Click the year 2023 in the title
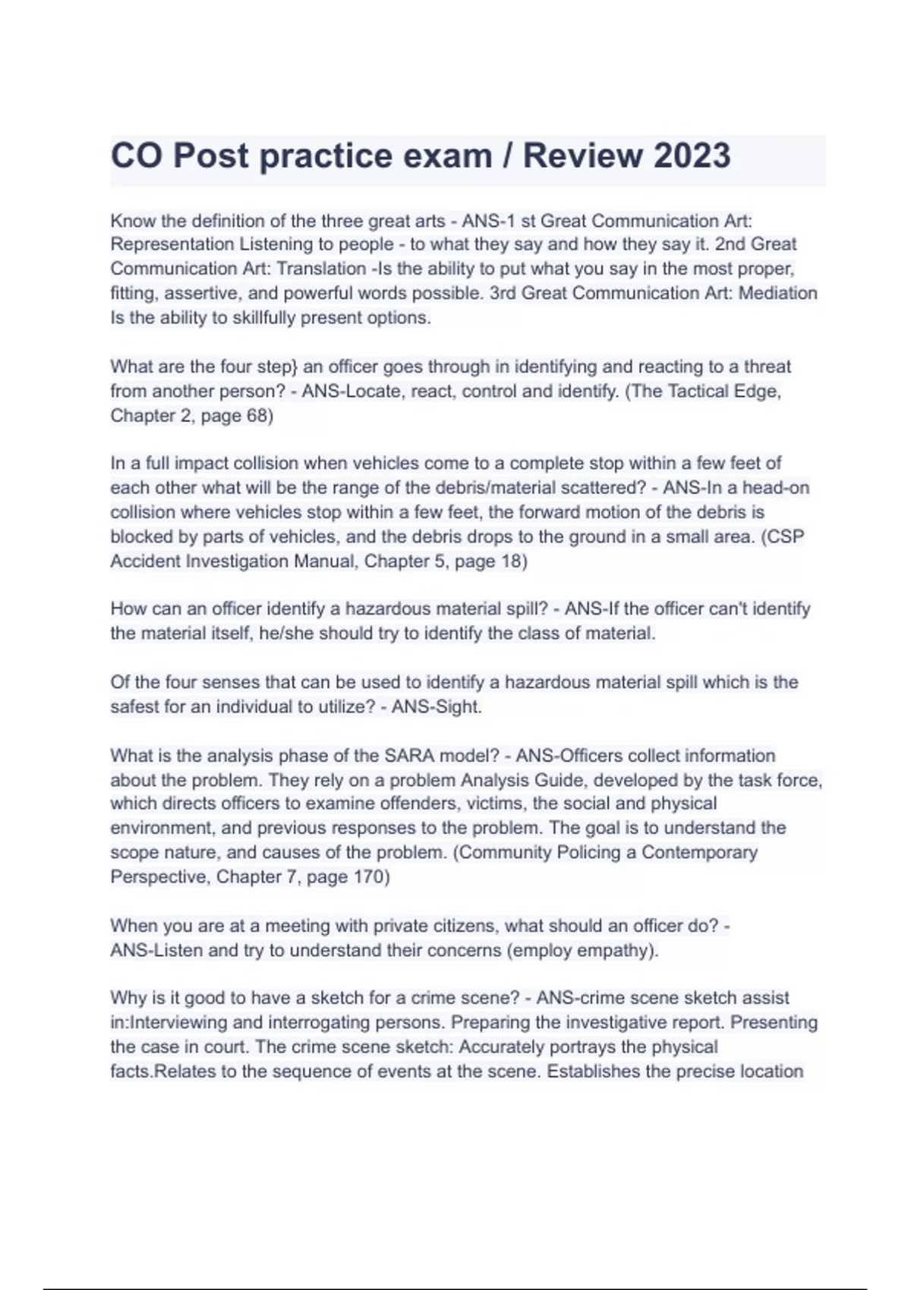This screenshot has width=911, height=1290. pyautogui.click(x=692, y=156)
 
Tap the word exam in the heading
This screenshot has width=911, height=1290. pyautogui.click(x=447, y=156)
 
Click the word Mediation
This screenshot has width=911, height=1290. pyautogui.click(x=777, y=293)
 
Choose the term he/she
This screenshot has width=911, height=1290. pyautogui.click(x=286, y=633)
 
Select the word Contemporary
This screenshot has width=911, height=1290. pyautogui.click(x=699, y=852)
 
